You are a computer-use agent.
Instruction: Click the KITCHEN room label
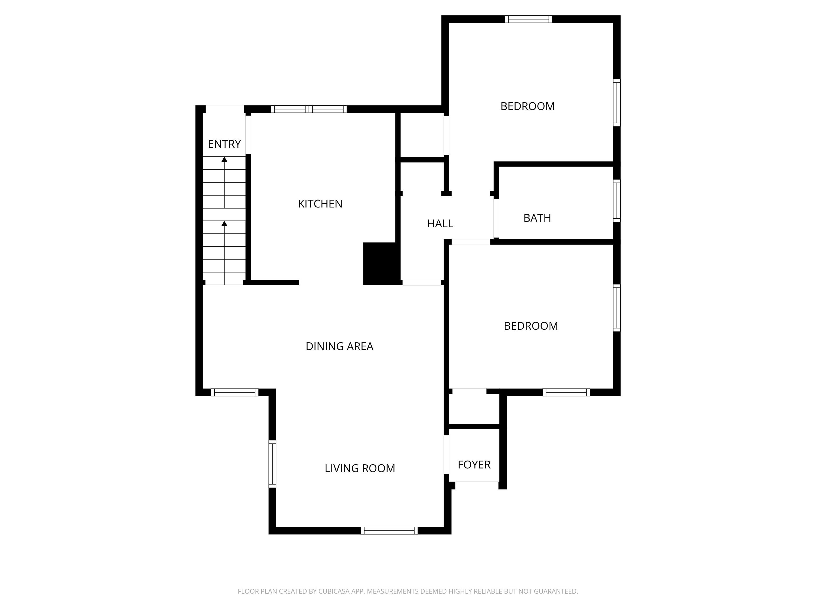[x=320, y=204]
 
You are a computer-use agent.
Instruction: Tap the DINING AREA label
[x=339, y=346]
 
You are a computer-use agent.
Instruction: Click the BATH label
[x=537, y=218]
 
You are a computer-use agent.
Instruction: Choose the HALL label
[x=440, y=224]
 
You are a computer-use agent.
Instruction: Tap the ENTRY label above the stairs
[x=224, y=144]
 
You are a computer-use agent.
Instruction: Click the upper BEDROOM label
[x=528, y=106]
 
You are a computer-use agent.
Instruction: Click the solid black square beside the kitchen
[x=382, y=264]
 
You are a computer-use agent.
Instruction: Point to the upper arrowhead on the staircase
[x=224, y=159]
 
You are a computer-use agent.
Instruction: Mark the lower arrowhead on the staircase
[x=224, y=224]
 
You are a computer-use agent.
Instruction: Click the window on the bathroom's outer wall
[x=617, y=201]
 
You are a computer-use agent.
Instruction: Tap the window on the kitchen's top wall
[x=309, y=109]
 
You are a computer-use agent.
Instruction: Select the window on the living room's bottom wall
[x=389, y=530]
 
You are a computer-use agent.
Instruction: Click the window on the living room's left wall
[x=272, y=464]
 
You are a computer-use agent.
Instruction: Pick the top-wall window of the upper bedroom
[x=529, y=19]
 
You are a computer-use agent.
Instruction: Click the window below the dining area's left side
[x=235, y=393]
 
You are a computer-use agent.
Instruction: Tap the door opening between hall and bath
[x=496, y=218]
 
